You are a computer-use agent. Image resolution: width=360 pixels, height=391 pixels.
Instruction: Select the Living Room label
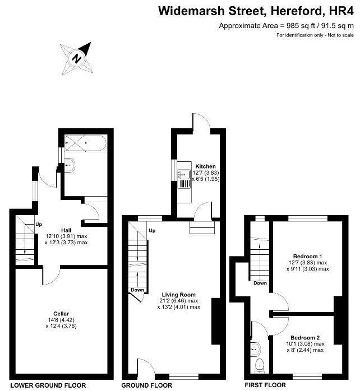[178, 295]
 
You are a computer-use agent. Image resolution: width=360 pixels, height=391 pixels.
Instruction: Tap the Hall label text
[66, 230]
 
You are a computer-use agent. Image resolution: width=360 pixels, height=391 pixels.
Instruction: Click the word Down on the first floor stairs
[260, 283]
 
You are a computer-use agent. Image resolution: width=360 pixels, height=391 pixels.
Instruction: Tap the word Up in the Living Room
[151, 230]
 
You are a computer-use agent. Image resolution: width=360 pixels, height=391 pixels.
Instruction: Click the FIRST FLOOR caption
[265, 385]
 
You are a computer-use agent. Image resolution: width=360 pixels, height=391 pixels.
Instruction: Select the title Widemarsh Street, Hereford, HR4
[256, 11]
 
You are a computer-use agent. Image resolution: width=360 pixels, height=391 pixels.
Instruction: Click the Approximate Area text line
[286, 26]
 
